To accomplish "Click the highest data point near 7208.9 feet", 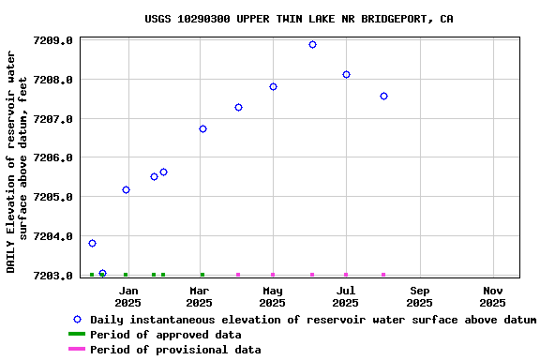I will [x=312, y=44].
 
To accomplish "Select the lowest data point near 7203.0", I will [x=102, y=273].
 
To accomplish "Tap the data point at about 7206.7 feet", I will [x=202, y=128].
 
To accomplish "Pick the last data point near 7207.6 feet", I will [x=383, y=96].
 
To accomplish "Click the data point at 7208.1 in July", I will [x=346, y=74].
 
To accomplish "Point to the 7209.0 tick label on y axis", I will [x=53, y=40].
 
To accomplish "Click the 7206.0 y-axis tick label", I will [x=53, y=157].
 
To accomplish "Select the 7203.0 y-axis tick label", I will [x=53, y=276].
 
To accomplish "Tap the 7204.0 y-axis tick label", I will [x=53, y=236].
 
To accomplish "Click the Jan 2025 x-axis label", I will [x=127, y=296].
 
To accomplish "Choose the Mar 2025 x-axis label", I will [x=199, y=296].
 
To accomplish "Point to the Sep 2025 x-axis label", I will [x=419, y=296].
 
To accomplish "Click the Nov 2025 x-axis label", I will [x=492, y=296].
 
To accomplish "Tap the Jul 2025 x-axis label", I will [x=345, y=296].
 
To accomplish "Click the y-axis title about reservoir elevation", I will [x=18, y=161].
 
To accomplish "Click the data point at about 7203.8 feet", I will [x=92, y=243].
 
